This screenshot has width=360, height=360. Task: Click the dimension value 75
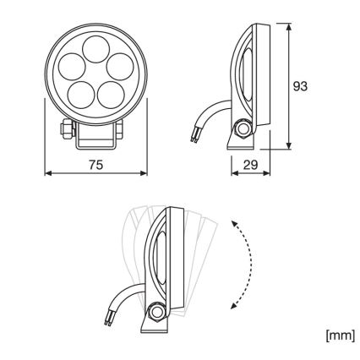point(95,166)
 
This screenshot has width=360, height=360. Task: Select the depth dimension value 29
point(251,166)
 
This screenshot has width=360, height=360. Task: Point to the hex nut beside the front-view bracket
point(63,130)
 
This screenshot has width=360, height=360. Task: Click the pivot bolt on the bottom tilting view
point(156,312)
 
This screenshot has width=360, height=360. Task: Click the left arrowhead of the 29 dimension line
point(233,176)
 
